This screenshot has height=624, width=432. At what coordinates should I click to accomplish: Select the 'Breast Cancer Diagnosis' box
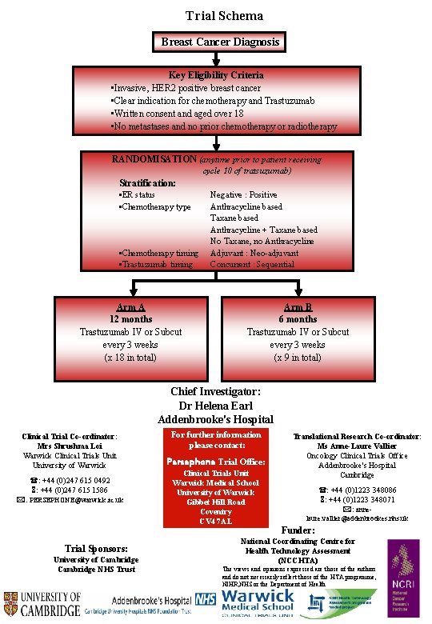pyautogui.click(x=220, y=42)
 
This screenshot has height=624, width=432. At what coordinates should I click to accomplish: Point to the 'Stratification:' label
pyautogui.click(x=148, y=182)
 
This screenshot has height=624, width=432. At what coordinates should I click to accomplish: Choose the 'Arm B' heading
pyautogui.click(x=298, y=306)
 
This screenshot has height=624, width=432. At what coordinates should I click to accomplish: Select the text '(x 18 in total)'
pyautogui.click(x=130, y=358)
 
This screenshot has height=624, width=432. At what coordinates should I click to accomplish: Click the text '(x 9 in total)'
pyautogui.click(x=298, y=358)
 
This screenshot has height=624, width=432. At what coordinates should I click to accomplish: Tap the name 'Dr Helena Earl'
pyautogui.click(x=215, y=406)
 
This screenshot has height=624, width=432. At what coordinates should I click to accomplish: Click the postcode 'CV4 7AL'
pyautogui.click(x=215, y=522)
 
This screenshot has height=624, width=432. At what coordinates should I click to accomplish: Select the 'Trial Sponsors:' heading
pyautogui.click(x=96, y=548)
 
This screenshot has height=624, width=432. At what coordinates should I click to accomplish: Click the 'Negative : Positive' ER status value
pyautogui.click(x=243, y=194)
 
